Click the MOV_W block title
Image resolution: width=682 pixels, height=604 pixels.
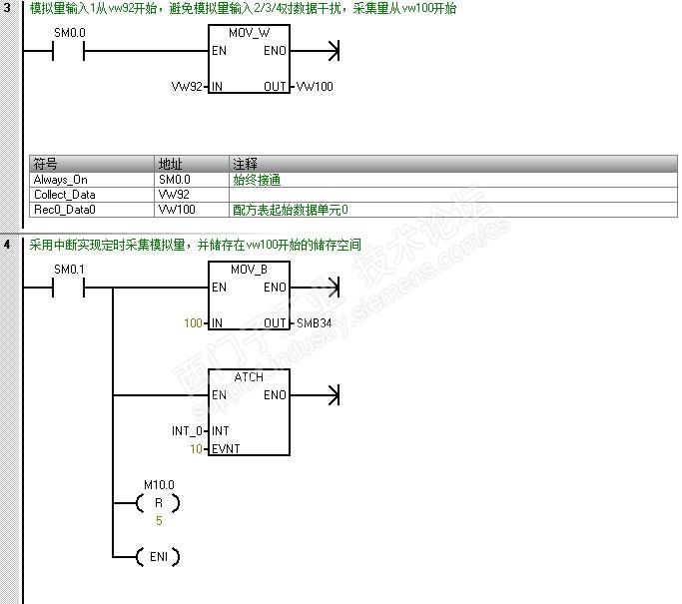pyautogui.click(x=249, y=33)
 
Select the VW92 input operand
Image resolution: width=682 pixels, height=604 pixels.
pyautogui.click(x=187, y=87)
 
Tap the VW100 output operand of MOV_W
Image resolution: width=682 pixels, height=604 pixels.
pyautogui.click(x=316, y=87)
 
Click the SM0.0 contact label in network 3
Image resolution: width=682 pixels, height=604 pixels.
pyautogui.click(x=69, y=33)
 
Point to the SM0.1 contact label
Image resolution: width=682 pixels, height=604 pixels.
pyautogui.click(x=69, y=270)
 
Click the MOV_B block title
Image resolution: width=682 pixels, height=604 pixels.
pyautogui.click(x=249, y=270)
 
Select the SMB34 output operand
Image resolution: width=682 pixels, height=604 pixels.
pyautogui.click(x=315, y=323)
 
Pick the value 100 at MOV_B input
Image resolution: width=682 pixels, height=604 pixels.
pyautogui.click(x=193, y=323)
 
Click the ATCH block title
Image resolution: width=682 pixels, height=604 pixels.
pyautogui.click(x=249, y=377)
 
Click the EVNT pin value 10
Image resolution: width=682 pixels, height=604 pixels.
pyautogui.click(x=196, y=449)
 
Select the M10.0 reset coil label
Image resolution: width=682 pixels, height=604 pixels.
pyautogui.click(x=159, y=485)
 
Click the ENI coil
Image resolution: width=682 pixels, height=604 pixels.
pyautogui.click(x=159, y=556)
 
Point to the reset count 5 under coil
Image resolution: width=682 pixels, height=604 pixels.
pyautogui.click(x=159, y=521)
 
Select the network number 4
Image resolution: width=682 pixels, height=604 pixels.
pyautogui.click(x=8, y=245)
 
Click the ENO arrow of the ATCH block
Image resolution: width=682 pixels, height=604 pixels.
pyautogui.click(x=334, y=395)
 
